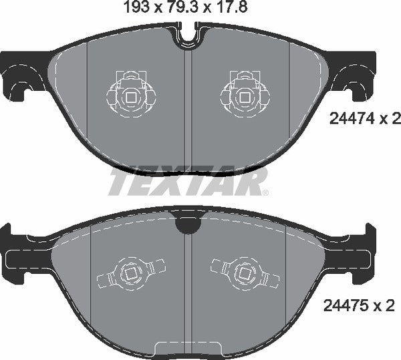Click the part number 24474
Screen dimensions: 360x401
pyautogui.click(x=351, y=120)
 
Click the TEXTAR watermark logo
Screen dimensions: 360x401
pyautogui.click(x=187, y=181)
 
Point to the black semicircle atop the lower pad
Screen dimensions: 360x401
pyautogui.click(x=188, y=225)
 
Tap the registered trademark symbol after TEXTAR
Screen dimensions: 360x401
pyautogui.click(x=265, y=193)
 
